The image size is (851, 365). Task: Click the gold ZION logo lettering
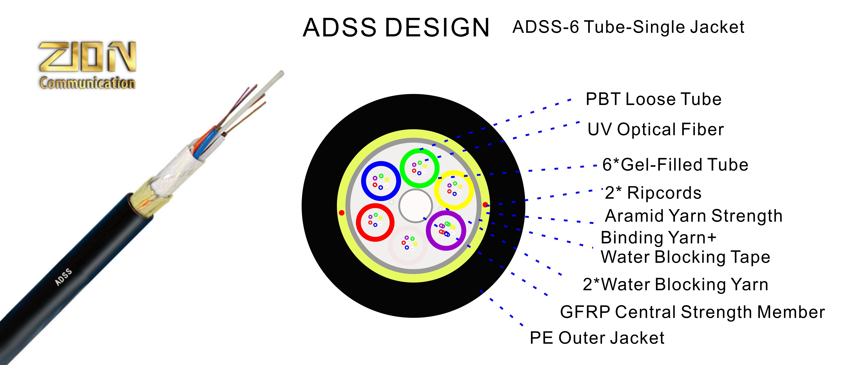87,57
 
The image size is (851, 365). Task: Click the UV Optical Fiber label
655,129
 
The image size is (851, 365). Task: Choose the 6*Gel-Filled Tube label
675,165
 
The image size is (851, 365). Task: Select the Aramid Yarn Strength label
694,216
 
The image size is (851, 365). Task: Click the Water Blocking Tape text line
685,257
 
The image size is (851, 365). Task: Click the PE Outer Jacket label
597,338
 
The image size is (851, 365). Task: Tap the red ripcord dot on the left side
342,213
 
